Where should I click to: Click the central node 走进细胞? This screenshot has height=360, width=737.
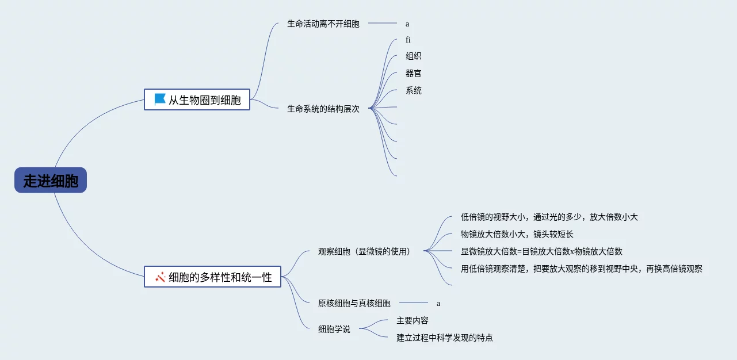51,181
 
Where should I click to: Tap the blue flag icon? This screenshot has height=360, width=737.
160,99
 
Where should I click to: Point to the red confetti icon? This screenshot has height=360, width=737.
161,277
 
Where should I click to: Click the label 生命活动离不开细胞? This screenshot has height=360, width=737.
323,24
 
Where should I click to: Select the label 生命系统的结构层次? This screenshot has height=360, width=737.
323,109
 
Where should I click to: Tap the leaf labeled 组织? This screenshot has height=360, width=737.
414,56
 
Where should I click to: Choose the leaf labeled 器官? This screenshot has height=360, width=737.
414,74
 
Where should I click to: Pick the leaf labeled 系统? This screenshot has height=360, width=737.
414,91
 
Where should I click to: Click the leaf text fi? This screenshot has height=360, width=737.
408,40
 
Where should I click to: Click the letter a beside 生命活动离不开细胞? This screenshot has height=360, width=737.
407,24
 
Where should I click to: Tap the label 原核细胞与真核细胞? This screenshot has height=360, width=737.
354,303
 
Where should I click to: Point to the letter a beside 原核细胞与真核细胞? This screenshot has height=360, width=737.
438,303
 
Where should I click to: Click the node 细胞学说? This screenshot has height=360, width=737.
334,330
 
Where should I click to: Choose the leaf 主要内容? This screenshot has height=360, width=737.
413,320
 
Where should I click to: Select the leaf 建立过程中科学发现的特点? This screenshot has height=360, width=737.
445,338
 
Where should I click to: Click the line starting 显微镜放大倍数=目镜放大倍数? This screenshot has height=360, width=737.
541,251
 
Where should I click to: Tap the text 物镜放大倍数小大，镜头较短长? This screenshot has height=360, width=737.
517,234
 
